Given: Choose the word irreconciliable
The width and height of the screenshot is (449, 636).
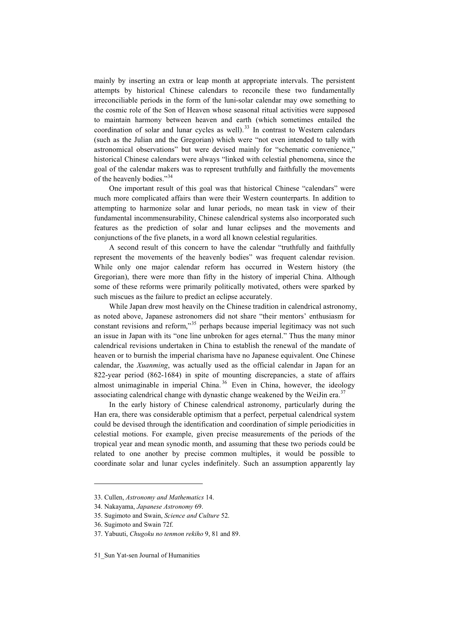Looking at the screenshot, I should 115,100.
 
